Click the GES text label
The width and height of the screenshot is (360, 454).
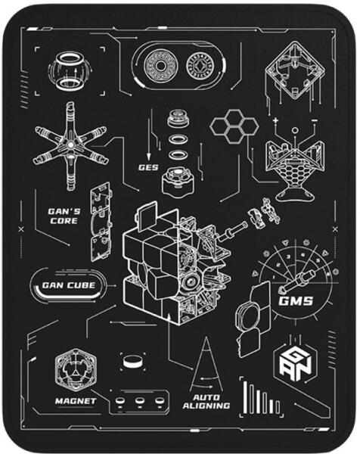pos(148,167)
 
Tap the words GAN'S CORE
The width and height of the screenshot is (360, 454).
pos(64,216)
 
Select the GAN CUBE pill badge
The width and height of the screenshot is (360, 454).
pos(69,285)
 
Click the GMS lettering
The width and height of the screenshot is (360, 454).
pos(296,301)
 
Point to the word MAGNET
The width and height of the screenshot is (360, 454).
pos(76,401)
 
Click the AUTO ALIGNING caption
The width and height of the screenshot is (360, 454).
pos(206,402)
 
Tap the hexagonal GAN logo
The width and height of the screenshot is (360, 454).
pos(295,362)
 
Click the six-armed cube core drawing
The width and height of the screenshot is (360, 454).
pos(70,145)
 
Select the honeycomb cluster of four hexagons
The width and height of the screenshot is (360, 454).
pos(234,126)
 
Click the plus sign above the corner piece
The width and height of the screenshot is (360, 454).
pos(275,120)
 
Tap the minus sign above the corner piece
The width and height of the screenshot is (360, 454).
pos(315,120)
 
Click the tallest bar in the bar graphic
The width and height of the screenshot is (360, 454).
pos(245,397)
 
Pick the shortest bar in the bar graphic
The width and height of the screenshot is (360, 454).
pos(278,407)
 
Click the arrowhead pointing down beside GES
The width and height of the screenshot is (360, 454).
pos(148,157)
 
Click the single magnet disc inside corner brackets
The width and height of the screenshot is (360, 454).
pos(133,362)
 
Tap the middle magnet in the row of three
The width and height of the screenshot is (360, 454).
pos(139,401)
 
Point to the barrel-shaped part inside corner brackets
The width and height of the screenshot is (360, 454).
pos(70,70)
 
